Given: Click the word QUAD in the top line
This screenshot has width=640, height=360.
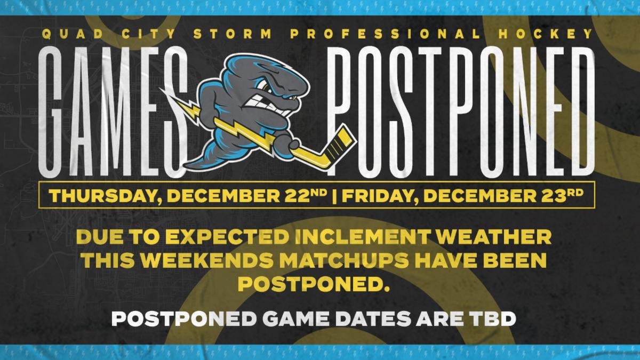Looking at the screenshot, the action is (73, 34).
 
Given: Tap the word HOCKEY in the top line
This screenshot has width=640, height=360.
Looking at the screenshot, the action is (546, 34).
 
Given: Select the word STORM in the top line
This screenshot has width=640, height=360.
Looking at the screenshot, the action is (233, 34).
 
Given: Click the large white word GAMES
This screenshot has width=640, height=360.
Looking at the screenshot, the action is (113, 111).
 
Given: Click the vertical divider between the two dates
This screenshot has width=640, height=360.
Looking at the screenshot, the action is (334, 196).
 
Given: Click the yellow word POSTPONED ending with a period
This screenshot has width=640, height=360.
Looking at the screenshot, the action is (314, 284).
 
